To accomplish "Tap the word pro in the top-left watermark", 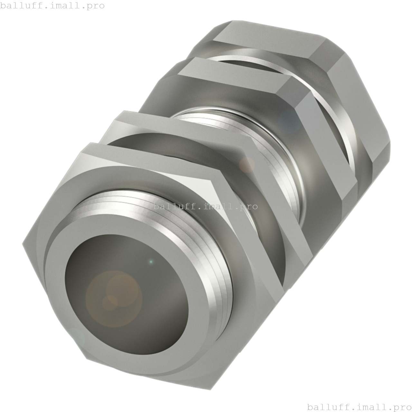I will tap(96, 6).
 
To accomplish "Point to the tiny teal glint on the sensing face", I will tap(151, 262).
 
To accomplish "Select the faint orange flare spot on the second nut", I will tap(247, 165).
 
